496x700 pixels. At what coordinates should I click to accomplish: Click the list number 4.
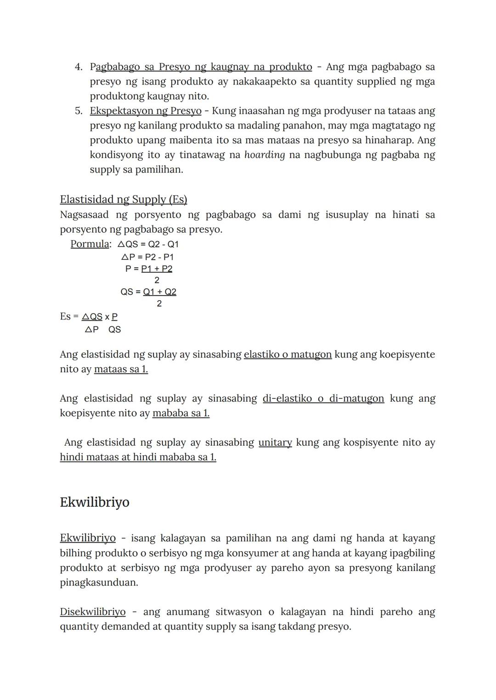click(x=79, y=67)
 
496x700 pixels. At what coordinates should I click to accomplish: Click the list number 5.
click(x=79, y=111)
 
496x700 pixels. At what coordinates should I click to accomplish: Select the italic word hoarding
click(x=265, y=155)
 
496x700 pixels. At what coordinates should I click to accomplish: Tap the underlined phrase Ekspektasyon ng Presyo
click(x=146, y=111)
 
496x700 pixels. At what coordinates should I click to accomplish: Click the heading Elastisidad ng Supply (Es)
click(x=124, y=200)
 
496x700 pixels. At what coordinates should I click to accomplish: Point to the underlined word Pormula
click(x=90, y=244)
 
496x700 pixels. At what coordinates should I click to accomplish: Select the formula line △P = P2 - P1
click(x=147, y=257)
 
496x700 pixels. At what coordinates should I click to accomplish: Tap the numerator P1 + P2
click(x=157, y=269)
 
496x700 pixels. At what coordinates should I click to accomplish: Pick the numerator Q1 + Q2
click(x=159, y=292)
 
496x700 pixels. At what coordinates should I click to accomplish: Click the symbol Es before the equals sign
click(x=65, y=317)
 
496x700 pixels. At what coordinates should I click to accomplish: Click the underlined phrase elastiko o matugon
click(x=287, y=355)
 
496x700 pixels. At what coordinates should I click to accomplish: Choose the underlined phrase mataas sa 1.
click(x=121, y=370)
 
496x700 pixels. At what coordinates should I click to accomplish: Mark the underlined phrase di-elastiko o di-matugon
click(x=323, y=399)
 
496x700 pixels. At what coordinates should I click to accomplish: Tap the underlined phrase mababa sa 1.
click(x=181, y=414)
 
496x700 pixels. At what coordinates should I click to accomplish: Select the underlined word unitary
click(x=275, y=443)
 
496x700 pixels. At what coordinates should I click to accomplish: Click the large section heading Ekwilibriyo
click(x=95, y=503)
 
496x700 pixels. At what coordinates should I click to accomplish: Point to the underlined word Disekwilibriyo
click(x=92, y=612)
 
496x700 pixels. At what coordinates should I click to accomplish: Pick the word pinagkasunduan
click(x=99, y=583)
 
